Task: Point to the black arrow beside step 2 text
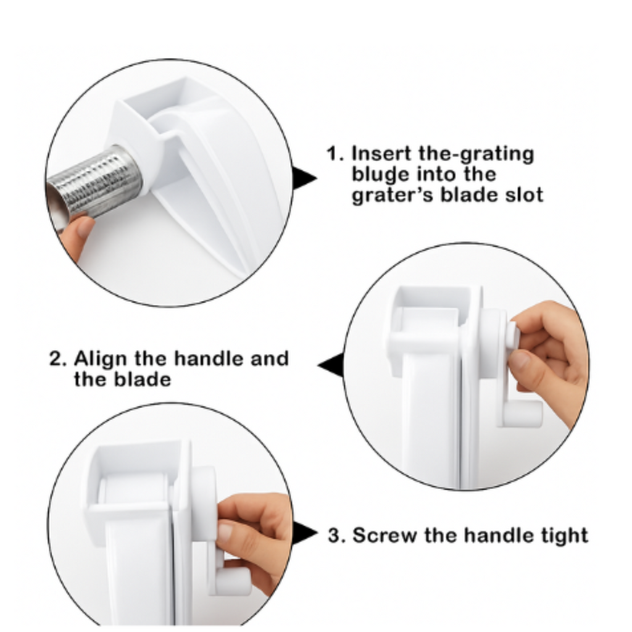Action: [331, 364]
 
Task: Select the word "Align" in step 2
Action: [101, 359]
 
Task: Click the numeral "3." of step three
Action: [336, 535]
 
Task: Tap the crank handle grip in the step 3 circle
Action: [233, 581]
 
